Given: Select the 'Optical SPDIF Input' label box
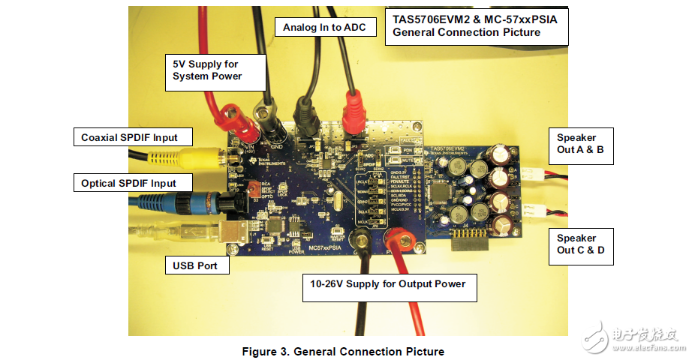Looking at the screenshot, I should [128, 183].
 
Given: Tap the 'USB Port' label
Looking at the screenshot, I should [195, 265].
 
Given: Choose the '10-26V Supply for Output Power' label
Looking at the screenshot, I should [390, 284].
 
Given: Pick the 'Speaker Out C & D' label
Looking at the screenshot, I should [581, 244].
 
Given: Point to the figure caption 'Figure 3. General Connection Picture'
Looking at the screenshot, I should [342, 351].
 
